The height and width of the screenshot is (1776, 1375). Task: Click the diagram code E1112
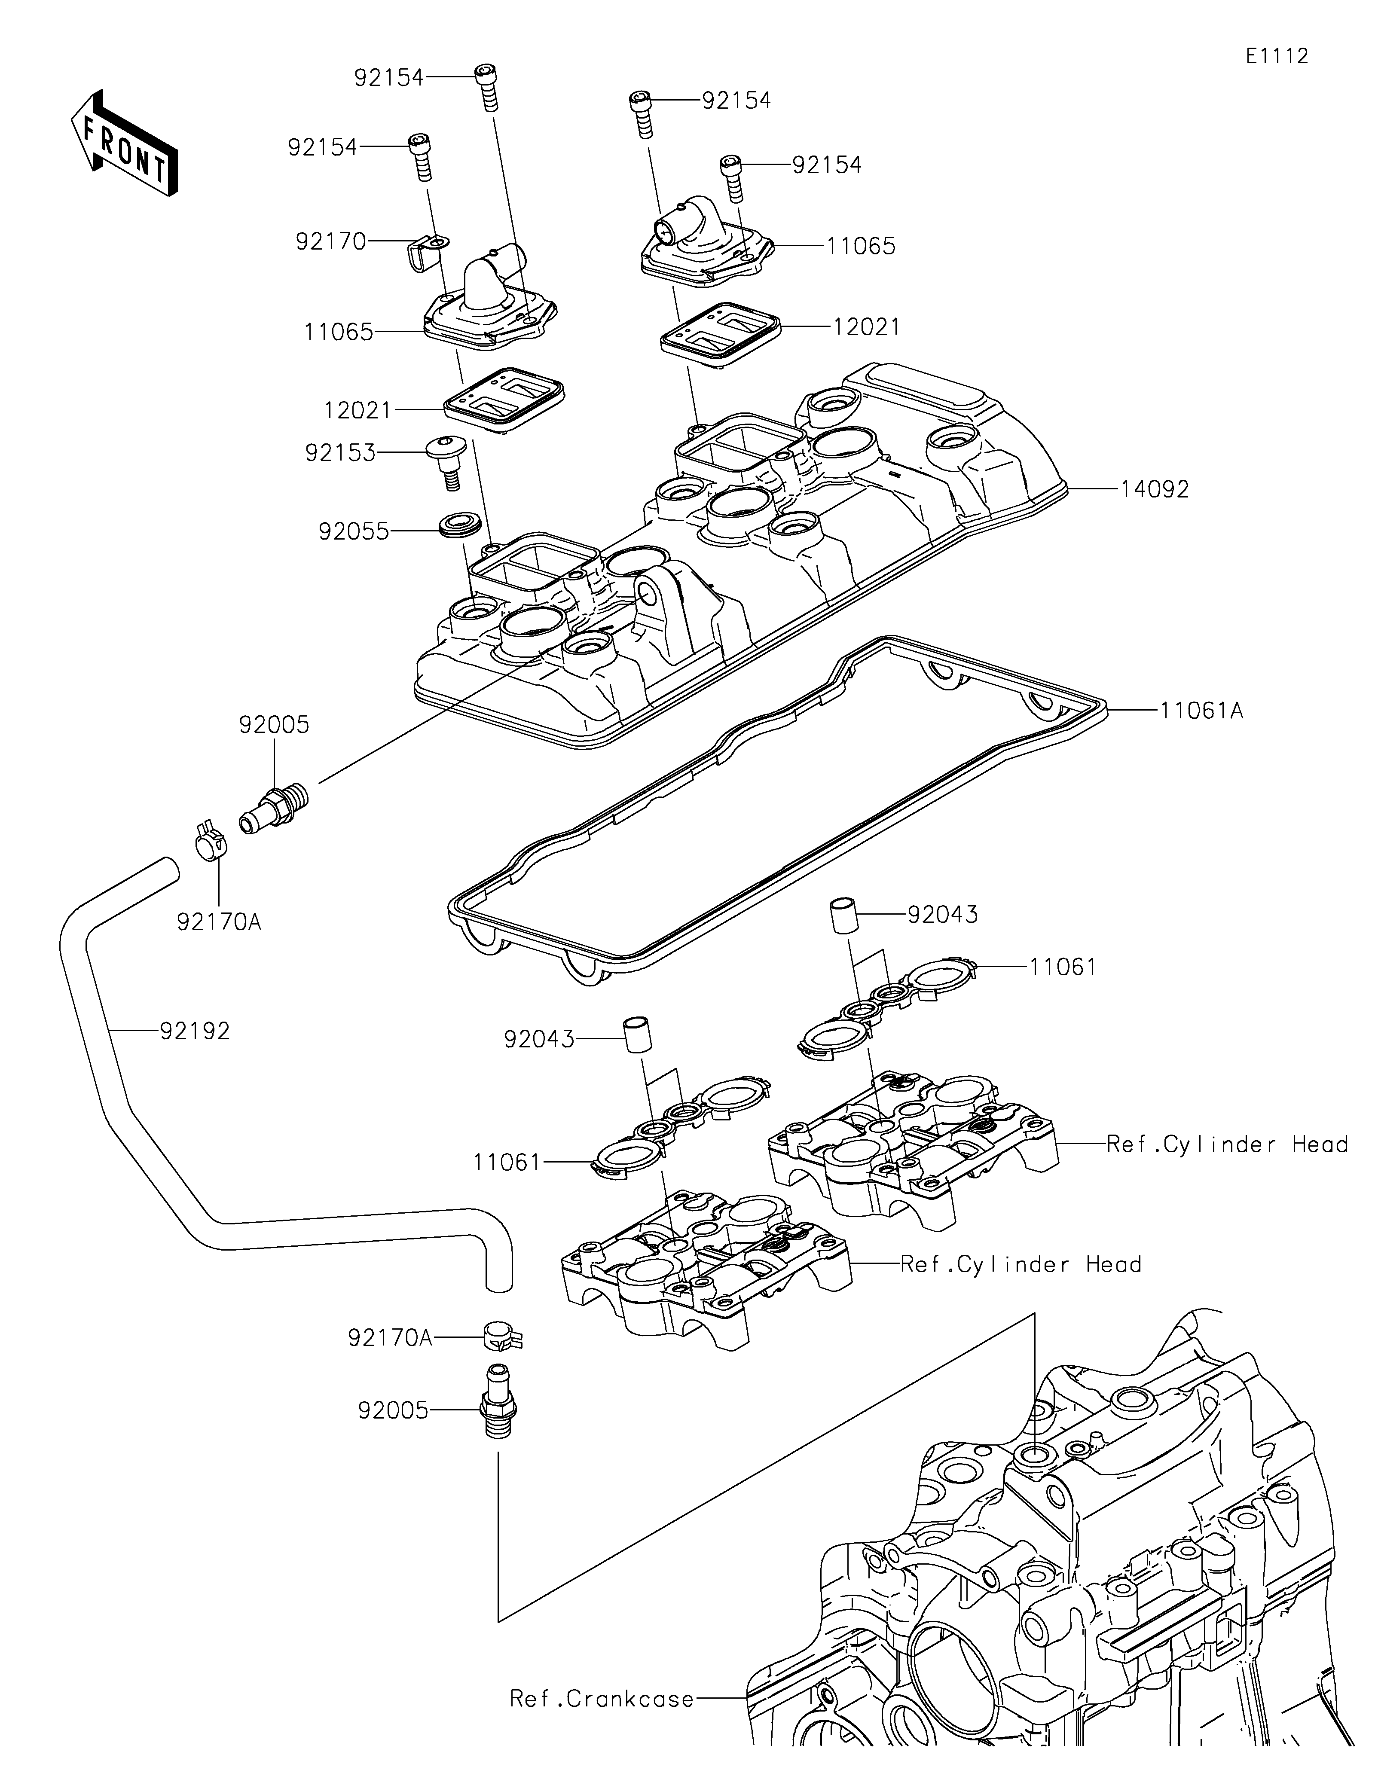(x=1277, y=56)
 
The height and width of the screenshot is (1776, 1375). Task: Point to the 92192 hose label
(x=195, y=1031)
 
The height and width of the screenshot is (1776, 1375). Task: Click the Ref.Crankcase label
(x=602, y=1699)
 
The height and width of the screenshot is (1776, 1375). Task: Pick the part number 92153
(x=341, y=453)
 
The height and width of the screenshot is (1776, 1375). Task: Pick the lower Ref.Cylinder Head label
(x=1021, y=1264)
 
